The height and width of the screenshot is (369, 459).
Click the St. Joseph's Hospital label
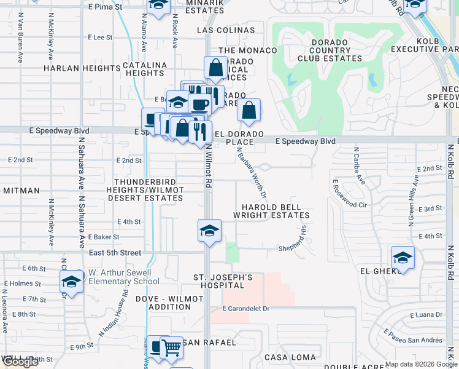pos(223,281)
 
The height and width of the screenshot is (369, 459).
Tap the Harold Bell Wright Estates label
pos(271,211)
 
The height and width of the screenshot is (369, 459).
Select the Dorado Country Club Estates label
pos(330,50)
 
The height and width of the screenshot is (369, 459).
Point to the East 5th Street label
pos(115,253)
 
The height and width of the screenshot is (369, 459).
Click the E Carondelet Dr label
pos(247,307)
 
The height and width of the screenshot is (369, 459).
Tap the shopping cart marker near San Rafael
pos(171,349)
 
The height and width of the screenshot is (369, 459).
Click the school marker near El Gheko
pos(403,258)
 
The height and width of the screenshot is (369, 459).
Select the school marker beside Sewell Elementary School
pos(71,282)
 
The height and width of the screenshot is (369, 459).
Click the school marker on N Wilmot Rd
pos(209,231)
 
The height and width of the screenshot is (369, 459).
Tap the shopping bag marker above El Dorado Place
pos(249,111)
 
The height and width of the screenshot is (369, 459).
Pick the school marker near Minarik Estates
pos(158,6)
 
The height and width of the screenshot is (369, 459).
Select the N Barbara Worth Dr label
pos(252,174)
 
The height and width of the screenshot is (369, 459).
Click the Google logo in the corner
pos(20,362)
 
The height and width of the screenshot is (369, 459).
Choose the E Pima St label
pos(106,6)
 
